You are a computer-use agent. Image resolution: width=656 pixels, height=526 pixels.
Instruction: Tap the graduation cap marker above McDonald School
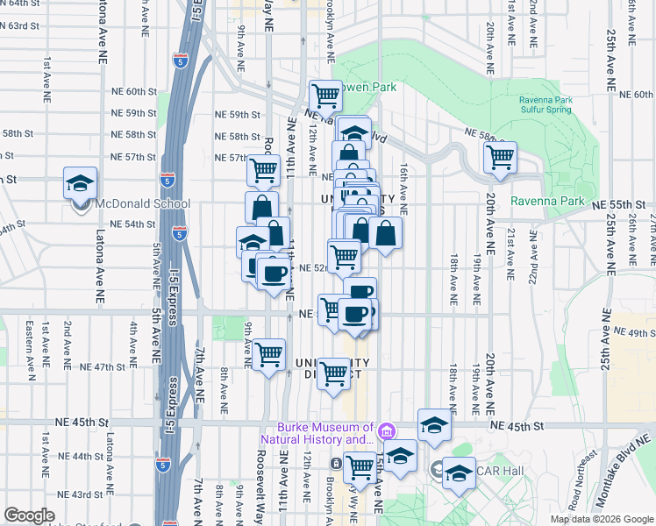click(x=80, y=184)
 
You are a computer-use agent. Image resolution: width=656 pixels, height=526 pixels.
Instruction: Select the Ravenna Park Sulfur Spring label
click(x=545, y=105)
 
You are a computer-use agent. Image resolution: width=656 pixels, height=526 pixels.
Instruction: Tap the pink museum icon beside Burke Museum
click(x=386, y=430)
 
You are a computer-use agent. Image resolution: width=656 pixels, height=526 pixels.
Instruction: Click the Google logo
click(x=29, y=515)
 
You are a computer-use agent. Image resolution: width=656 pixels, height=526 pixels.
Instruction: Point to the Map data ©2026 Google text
click(x=602, y=519)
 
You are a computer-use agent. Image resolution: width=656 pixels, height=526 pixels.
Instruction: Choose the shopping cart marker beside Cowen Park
click(x=325, y=95)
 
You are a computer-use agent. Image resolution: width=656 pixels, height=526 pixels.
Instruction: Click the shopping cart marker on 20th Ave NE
click(x=500, y=160)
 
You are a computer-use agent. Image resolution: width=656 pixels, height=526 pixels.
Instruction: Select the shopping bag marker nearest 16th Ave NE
click(x=385, y=233)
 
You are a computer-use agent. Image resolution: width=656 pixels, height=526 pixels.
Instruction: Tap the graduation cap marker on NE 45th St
click(x=434, y=426)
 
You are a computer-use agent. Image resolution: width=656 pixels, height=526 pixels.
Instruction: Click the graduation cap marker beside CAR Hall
click(x=458, y=473)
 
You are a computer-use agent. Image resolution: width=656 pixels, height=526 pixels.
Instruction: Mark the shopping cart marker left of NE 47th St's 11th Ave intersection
click(x=268, y=355)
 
